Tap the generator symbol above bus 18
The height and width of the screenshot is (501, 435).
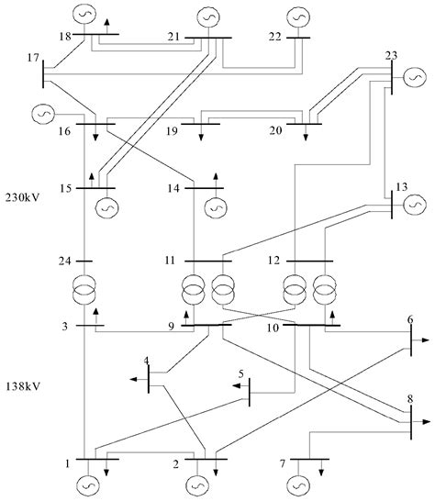[x=84, y=14]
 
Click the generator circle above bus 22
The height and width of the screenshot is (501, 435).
[x=298, y=16]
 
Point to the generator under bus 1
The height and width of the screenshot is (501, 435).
[x=89, y=482]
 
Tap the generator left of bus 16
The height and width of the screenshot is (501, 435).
[x=42, y=113]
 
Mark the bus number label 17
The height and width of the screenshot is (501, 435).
[x=34, y=59]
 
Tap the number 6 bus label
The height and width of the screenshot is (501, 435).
[x=410, y=319]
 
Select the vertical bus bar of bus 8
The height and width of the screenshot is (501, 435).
[x=410, y=419]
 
